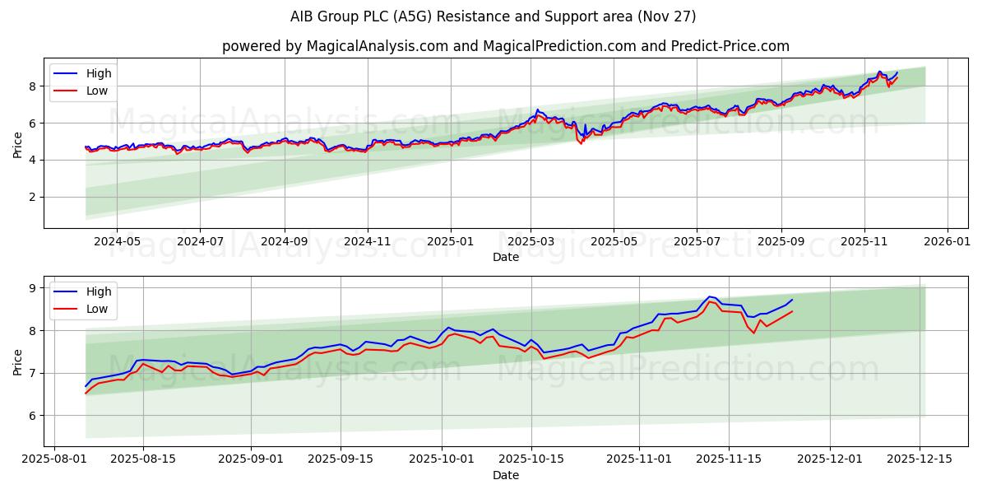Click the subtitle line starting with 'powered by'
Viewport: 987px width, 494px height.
tap(505, 46)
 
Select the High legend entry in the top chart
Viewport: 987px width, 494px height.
tap(98, 73)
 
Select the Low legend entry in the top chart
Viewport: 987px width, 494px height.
tap(96, 91)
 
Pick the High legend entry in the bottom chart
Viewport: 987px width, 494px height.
tap(98, 291)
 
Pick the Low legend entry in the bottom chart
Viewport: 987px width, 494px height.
tap(96, 309)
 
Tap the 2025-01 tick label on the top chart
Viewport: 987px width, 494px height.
tap(450, 241)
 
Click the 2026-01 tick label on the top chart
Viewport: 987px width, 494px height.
tap(948, 241)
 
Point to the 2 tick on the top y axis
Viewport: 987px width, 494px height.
tap(32, 197)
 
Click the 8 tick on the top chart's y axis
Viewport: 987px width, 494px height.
tap(32, 86)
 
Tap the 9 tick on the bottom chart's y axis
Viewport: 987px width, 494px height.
tap(32, 288)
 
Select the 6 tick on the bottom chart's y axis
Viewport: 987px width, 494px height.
tap(32, 416)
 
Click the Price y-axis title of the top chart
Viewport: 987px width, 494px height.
tap(17, 145)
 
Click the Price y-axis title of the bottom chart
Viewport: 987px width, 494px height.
tap(17, 362)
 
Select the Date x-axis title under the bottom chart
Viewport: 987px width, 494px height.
tap(505, 475)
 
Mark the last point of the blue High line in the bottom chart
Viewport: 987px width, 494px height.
tap(792, 300)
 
